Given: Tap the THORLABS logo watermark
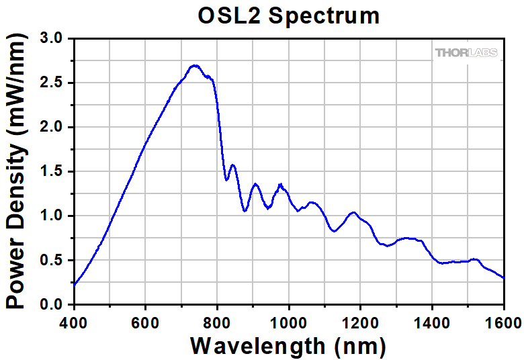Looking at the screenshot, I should (x=468, y=52).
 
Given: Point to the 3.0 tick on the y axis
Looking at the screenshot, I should (x=52, y=39).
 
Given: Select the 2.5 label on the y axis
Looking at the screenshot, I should (x=52, y=83).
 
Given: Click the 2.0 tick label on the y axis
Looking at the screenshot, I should (x=52, y=128).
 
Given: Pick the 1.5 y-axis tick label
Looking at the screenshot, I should (x=52, y=172).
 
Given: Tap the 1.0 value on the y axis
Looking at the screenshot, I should (x=52, y=216).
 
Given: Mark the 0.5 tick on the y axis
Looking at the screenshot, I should (x=52, y=261).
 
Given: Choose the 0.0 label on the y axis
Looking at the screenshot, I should (x=52, y=305).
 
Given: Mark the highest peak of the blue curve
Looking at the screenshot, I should (x=195, y=65).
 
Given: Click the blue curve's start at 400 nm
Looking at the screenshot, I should (x=75, y=284).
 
